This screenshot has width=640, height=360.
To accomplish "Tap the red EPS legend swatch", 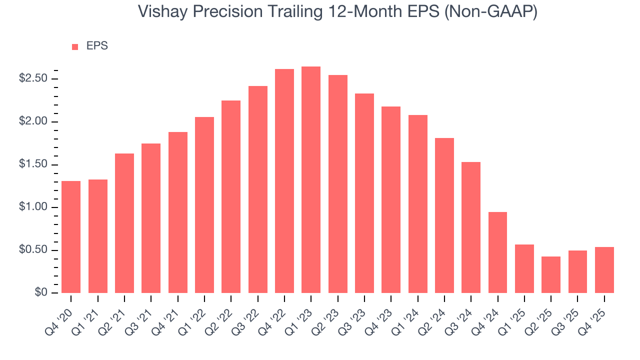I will [x=75, y=46].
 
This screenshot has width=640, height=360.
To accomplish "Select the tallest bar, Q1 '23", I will [x=311, y=179].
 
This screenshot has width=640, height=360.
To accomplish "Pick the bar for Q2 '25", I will [x=551, y=274].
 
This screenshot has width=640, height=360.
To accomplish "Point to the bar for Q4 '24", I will [x=497, y=252].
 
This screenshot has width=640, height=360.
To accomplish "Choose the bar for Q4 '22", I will [x=284, y=180].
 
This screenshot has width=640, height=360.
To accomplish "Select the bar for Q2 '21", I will [x=124, y=223].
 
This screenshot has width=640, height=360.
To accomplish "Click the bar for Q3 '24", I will [x=471, y=227].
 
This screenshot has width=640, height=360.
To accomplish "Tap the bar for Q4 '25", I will [x=604, y=270].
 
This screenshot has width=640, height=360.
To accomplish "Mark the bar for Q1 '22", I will [x=204, y=204].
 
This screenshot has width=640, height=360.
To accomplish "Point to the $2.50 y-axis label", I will [x=32, y=79].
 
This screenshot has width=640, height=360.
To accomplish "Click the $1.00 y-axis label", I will [x=32, y=207].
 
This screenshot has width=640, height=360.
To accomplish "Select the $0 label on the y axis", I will [x=40, y=293].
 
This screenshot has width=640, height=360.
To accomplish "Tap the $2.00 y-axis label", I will [x=32, y=122].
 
